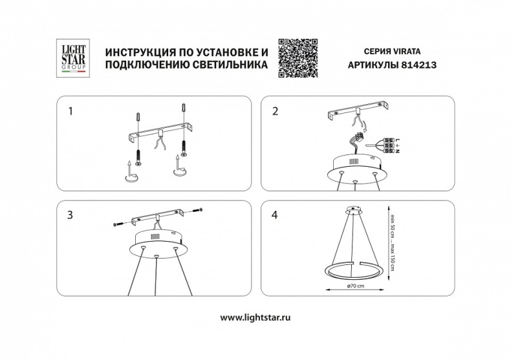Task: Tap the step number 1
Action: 71,111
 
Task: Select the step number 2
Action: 276,111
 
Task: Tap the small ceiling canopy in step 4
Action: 353,210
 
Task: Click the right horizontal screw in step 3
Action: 197,210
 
